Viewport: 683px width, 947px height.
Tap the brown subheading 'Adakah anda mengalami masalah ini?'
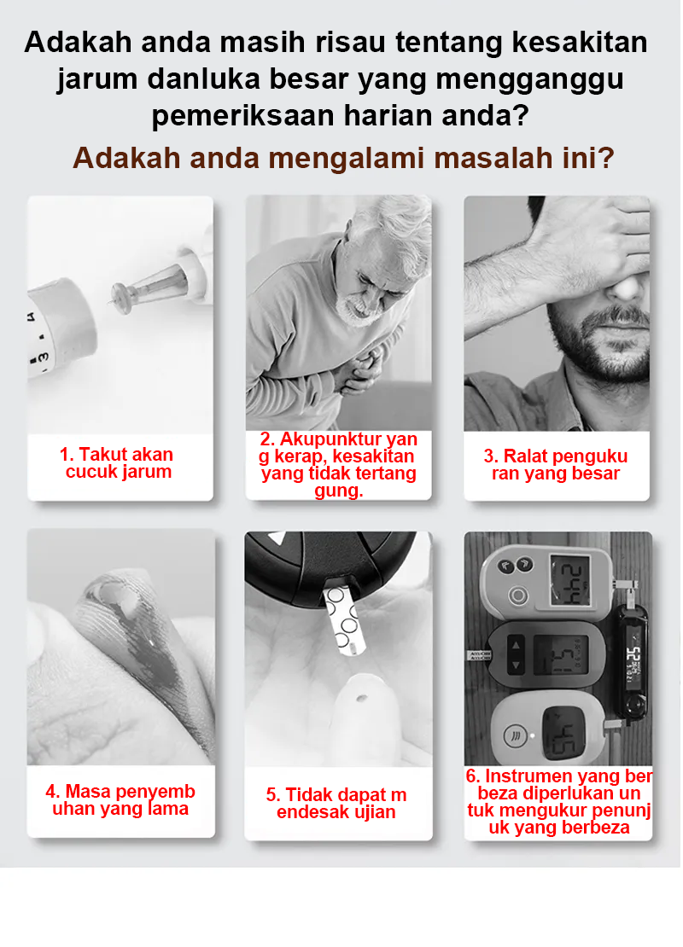pyautogui.click(x=343, y=158)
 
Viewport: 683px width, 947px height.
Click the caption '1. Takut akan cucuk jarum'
pyautogui.click(x=119, y=463)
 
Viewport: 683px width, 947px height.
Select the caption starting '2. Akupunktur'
pyautogui.click(x=339, y=465)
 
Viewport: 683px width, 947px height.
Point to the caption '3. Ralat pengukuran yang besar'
pyautogui.click(x=556, y=465)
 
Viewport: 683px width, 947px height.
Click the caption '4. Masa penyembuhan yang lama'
pyautogui.click(x=120, y=800)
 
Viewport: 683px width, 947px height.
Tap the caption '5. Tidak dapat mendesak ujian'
pyautogui.click(x=336, y=804)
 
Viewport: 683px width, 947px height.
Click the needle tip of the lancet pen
pyautogui.click(x=112, y=300)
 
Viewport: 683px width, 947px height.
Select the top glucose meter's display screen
pyautogui.click(x=570, y=579)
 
